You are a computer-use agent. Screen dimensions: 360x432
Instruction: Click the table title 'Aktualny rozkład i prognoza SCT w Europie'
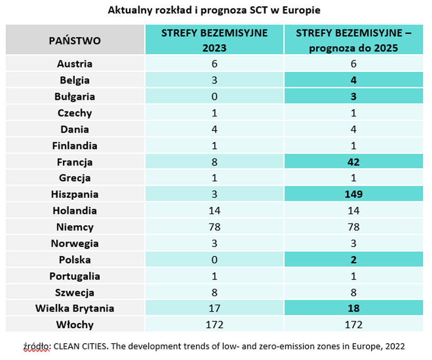click(x=214, y=10)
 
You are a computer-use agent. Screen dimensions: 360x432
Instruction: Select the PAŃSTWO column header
click(x=75, y=40)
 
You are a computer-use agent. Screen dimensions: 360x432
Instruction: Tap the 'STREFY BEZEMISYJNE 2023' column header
click(x=214, y=40)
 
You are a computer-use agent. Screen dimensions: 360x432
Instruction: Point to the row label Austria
click(x=75, y=64)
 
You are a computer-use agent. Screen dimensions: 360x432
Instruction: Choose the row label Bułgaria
click(x=75, y=97)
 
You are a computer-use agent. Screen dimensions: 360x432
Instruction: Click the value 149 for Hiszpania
click(x=353, y=195)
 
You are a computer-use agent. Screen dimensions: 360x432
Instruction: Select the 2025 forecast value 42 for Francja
click(x=353, y=162)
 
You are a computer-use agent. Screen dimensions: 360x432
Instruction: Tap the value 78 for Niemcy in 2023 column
click(x=214, y=227)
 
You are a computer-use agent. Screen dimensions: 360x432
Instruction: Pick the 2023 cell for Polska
click(x=214, y=260)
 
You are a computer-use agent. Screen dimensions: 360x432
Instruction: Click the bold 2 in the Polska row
click(x=353, y=260)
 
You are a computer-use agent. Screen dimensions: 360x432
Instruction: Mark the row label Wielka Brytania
click(x=75, y=309)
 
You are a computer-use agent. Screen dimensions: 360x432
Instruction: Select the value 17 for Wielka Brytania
click(x=214, y=309)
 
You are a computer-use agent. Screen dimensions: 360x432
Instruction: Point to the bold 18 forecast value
click(x=353, y=309)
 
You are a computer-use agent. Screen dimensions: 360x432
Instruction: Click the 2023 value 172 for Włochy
click(x=214, y=325)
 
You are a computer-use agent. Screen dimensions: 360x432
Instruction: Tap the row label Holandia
click(x=75, y=211)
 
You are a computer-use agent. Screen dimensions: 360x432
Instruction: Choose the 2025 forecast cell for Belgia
click(x=353, y=80)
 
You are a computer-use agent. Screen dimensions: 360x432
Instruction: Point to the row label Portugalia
click(x=75, y=276)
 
